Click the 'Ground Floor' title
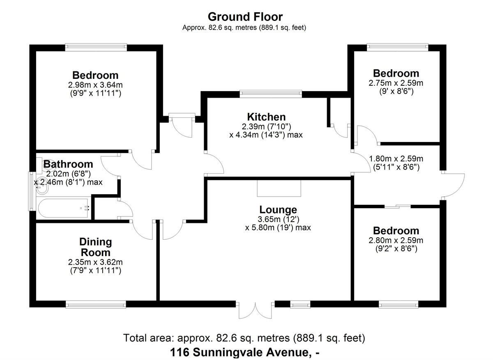(x=245, y=17)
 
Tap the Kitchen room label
(x=266, y=117)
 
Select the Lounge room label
(x=278, y=210)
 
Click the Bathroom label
(x=68, y=165)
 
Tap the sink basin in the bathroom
(x=41, y=189)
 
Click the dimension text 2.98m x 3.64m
(x=95, y=85)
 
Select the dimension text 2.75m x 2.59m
(x=396, y=83)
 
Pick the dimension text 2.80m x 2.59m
(x=396, y=240)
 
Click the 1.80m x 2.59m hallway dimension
(x=396, y=158)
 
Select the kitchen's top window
(x=271, y=94)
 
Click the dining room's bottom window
(x=96, y=304)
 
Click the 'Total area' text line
(x=244, y=338)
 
